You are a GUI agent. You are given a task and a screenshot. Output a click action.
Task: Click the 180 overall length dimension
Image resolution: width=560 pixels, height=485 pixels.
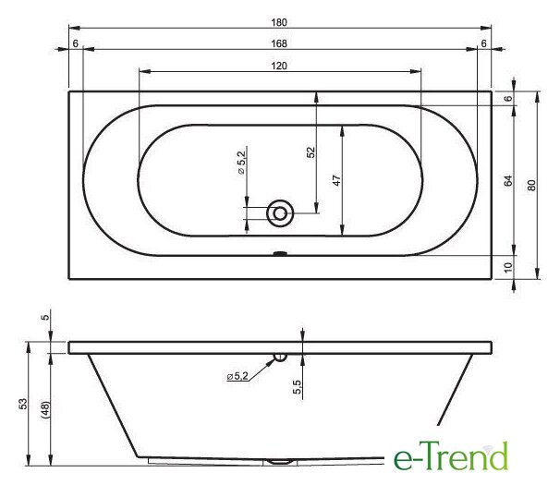[279, 22]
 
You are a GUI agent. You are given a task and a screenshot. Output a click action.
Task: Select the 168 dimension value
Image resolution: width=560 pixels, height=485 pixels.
[279, 43]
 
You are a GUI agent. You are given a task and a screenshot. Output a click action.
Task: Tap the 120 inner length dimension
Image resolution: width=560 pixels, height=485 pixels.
[279, 67]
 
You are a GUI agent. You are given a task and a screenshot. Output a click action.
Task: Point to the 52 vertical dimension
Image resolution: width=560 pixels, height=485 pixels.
[311, 152]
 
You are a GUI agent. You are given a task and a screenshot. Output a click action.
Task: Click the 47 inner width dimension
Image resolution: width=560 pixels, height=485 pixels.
[336, 180]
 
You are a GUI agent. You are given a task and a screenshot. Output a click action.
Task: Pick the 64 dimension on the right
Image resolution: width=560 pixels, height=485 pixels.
[508, 181]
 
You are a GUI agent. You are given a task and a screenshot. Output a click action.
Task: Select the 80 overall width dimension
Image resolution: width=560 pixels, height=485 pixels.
[531, 186]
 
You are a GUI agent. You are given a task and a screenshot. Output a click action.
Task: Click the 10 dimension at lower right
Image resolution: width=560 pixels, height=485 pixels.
[508, 267]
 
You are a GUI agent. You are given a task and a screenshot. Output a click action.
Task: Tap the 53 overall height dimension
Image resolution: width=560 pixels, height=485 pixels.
[22, 404]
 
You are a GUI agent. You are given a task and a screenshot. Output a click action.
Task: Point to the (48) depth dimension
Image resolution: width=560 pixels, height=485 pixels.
[45, 409]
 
